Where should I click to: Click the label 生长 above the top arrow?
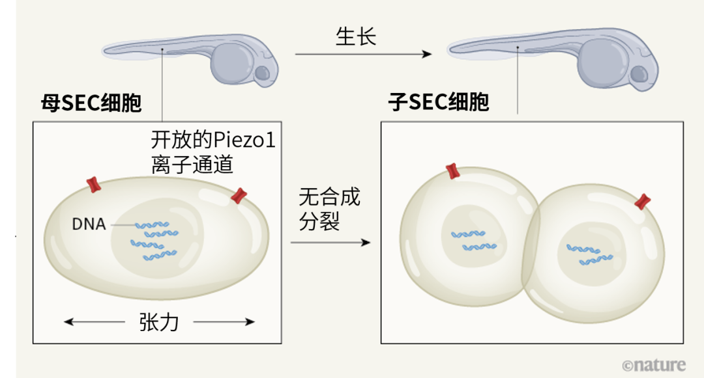[x=356, y=37]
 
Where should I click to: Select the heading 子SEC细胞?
[x=438, y=103]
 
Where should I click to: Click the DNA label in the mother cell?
[x=89, y=224]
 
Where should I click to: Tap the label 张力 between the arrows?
[x=159, y=321]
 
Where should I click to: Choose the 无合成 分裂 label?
[x=329, y=208]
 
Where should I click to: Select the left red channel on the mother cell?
[x=95, y=184]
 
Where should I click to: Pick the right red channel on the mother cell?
[x=240, y=195]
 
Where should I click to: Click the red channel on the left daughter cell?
[x=453, y=172]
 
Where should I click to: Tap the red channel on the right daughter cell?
[x=643, y=202]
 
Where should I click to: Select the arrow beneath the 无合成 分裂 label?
[x=330, y=242]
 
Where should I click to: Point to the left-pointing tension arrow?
[x=95, y=321]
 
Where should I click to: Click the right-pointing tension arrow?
[x=224, y=321]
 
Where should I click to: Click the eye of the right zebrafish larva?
[x=640, y=73]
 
